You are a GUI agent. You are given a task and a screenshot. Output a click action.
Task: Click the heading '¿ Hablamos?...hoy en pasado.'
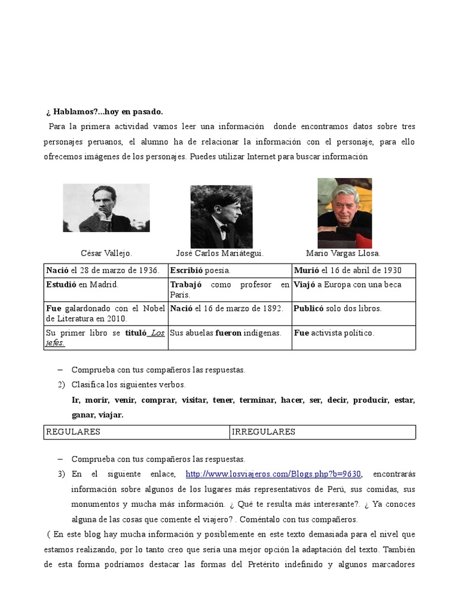105,112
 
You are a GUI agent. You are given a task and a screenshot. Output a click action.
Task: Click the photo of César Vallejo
106,207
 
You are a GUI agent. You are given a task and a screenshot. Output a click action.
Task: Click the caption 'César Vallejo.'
106,253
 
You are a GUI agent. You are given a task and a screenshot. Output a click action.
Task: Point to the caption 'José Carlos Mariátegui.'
220,253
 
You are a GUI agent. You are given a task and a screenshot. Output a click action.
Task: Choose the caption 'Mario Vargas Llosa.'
343,253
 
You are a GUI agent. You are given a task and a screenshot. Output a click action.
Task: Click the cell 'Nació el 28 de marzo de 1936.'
103,271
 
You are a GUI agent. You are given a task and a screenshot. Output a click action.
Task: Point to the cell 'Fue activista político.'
334,333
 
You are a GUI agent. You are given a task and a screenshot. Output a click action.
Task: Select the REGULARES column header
74,432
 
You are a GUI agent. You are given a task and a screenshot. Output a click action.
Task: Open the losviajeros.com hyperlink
274,474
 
